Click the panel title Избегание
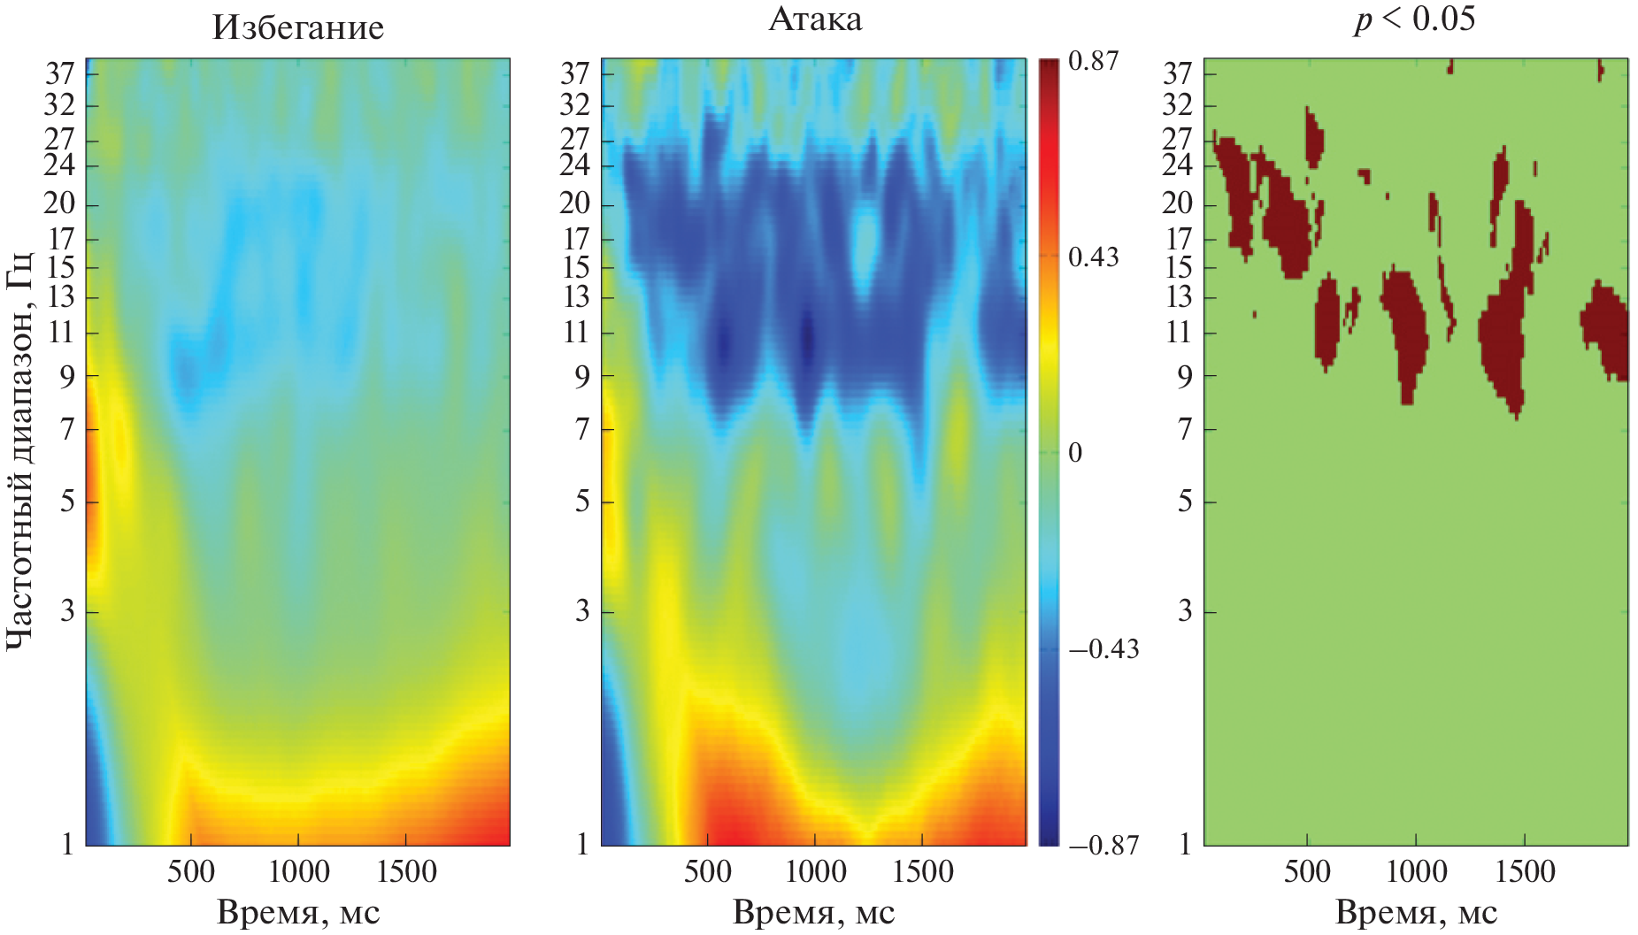click(298, 27)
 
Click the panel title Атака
click(814, 19)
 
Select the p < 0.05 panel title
click(1415, 19)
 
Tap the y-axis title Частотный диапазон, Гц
click(19, 451)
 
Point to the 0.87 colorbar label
click(1093, 61)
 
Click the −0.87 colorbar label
click(1104, 845)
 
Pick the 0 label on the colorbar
click(1075, 453)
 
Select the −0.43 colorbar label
click(1104, 649)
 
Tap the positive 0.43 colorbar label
click(1093, 257)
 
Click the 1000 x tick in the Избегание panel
click(299, 872)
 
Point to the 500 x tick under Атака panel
click(708, 872)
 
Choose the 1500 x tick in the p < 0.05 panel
click(1525, 872)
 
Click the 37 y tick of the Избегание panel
click(60, 73)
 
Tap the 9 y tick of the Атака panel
click(581, 378)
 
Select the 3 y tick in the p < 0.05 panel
click(1185, 611)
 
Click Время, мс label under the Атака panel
click(814, 913)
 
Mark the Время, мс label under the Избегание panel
click(298, 913)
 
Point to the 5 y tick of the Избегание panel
click(67, 502)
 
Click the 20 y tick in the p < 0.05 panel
click(1178, 203)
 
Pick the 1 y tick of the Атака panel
click(581, 844)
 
